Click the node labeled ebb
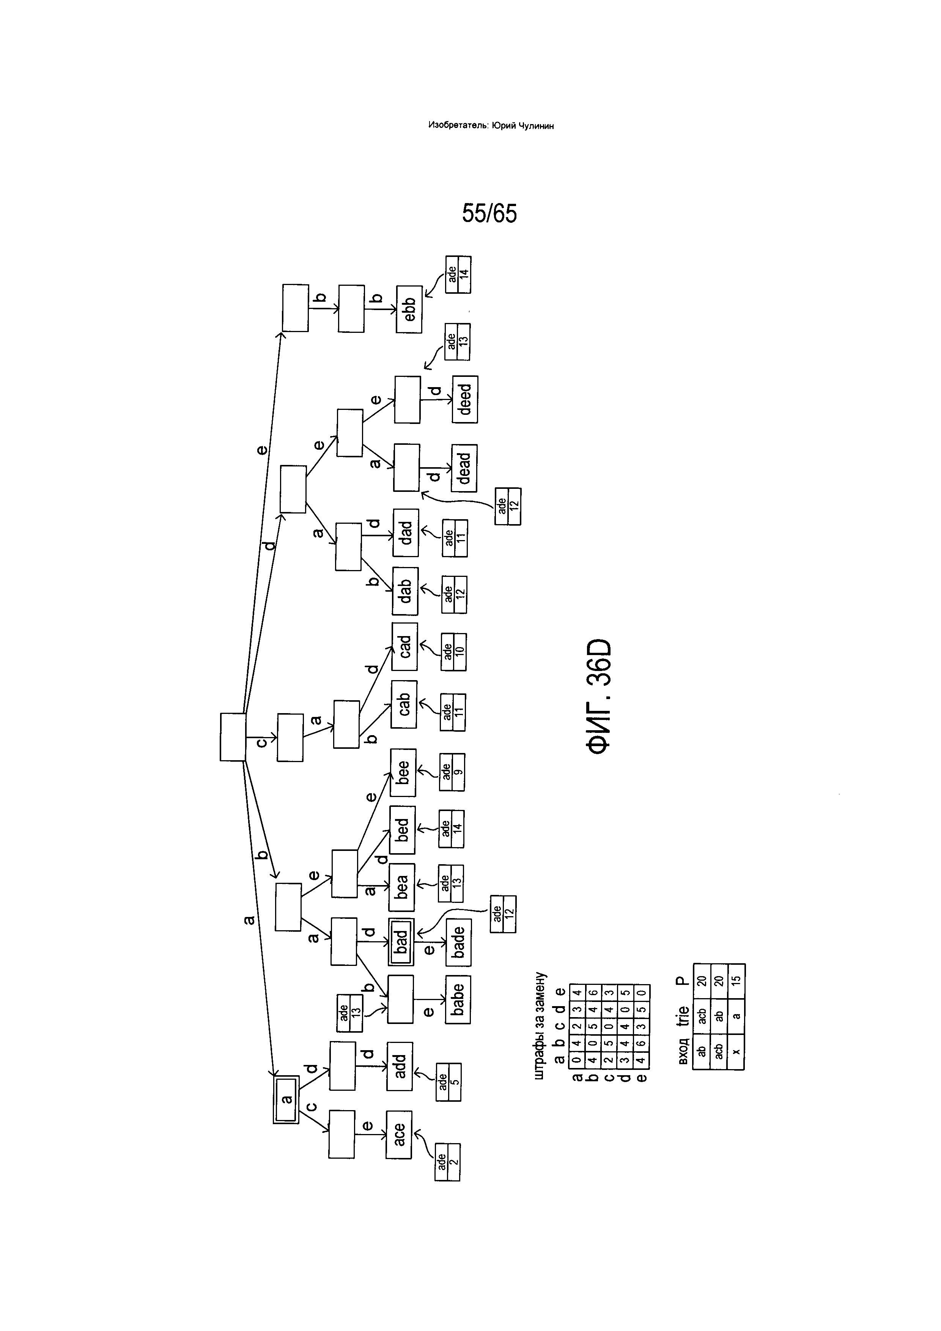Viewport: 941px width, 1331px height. click(x=409, y=309)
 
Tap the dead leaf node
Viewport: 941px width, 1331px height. click(x=464, y=468)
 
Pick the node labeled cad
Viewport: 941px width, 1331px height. click(x=404, y=646)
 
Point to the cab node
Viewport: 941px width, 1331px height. click(x=404, y=704)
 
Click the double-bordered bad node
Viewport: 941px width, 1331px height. click(x=401, y=942)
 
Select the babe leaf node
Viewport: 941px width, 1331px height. click(x=458, y=999)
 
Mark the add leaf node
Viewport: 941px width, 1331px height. click(x=400, y=1066)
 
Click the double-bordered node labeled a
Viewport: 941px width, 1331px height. click(x=286, y=1100)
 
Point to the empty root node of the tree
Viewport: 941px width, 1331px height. click(x=233, y=737)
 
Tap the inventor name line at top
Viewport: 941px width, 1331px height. click(x=491, y=125)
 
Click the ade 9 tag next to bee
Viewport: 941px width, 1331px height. click(x=452, y=772)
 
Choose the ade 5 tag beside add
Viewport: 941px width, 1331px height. click(x=448, y=1082)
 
